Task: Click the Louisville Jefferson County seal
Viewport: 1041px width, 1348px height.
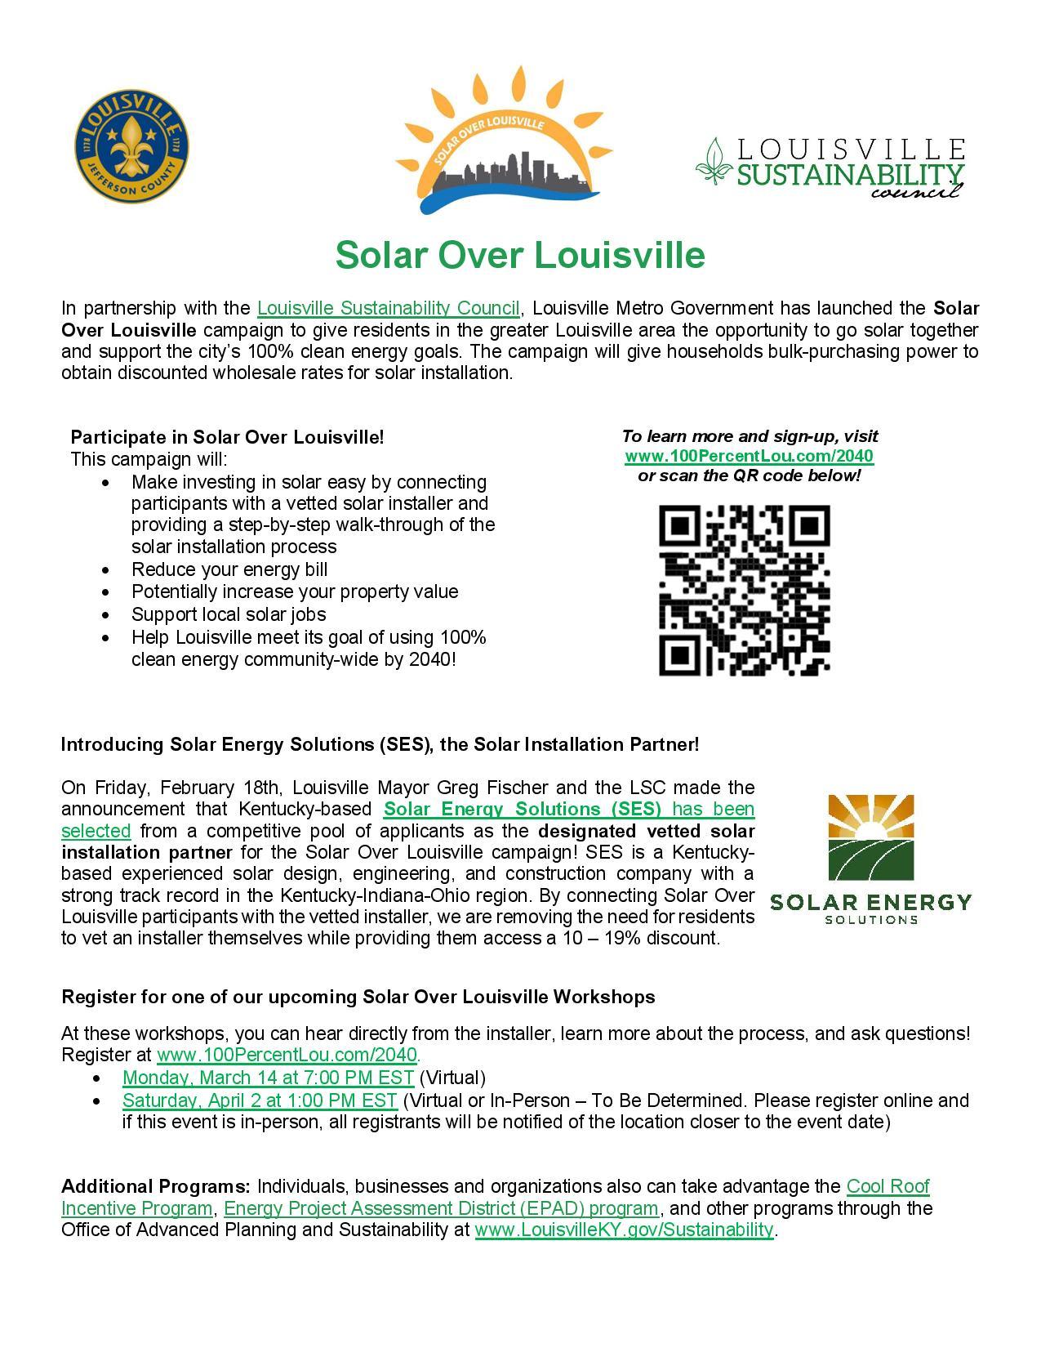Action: tap(132, 150)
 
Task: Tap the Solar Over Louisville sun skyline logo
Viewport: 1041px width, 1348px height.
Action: tap(498, 143)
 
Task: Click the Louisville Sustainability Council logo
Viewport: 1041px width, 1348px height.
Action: tap(830, 168)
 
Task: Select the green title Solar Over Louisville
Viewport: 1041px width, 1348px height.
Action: tap(520, 255)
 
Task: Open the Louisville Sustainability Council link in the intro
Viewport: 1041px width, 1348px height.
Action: tap(388, 308)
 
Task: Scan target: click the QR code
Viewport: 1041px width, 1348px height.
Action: tap(744, 590)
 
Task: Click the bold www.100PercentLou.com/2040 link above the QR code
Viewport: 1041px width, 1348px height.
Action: tap(749, 456)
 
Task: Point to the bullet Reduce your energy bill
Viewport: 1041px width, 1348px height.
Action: tap(229, 569)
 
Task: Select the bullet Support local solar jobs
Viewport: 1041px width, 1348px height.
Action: tap(229, 614)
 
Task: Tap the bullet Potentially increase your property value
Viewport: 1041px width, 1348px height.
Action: tap(294, 591)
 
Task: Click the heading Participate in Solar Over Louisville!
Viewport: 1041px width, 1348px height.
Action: tap(227, 437)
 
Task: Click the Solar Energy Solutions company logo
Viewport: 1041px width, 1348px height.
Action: tap(870, 859)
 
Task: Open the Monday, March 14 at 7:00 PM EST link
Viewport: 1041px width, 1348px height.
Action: tap(268, 1077)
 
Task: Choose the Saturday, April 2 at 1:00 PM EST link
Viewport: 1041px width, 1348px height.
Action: tap(260, 1100)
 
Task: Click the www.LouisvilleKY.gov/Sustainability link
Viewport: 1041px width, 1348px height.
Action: tap(623, 1229)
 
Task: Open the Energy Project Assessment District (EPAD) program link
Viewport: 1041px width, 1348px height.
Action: tap(441, 1207)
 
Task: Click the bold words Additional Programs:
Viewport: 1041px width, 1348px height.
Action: tap(156, 1186)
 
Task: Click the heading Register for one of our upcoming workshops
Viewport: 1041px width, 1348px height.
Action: tap(358, 997)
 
